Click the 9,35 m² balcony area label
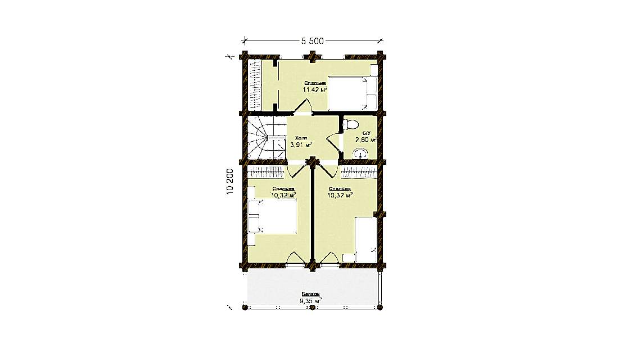[x=310, y=301]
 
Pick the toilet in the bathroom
[x=351, y=124]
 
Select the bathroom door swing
[x=335, y=143]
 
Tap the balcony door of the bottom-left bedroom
[x=295, y=258]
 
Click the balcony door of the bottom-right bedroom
[x=329, y=258]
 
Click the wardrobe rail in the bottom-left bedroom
[x=267, y=170]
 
